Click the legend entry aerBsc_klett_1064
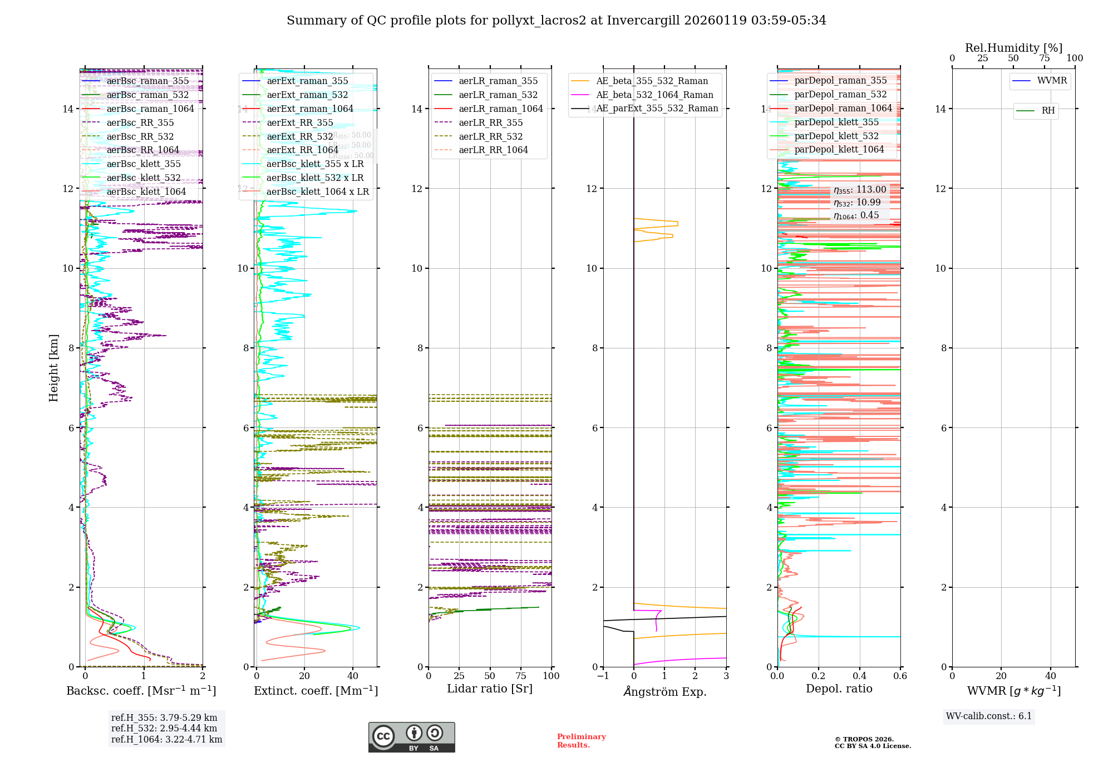pyautogui.click(x=146, y=191)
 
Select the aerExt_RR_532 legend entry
pyautogui.click(x=300, y=136)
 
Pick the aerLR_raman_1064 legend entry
pyautogui.click(x=500, y=109)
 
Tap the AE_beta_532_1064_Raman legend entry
pyautogui.click(x=654, y=95)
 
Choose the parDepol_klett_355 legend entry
pyautogui.click(x=836, y=122)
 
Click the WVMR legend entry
pyautogui.click(x=1052, y=81)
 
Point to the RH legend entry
pyautogui.click(x=1048, y=111)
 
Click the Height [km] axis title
pyautogui.click(x=53, y=367)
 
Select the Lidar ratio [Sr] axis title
pyautogui.click(x=490, y=689)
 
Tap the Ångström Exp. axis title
pyautogui.click(x=664, y=691)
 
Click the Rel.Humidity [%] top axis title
pyautogui.click(x=1013, y=48)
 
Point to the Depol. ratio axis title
pyautogui.click(x=839, y=689)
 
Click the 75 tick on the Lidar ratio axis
pyautogui.click(x=521, y=676)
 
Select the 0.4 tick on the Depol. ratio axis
pyautogui.click(x=859, y=676)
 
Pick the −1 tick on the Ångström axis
pyautogui.click(x=603, y=676)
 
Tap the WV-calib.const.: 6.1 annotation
pyautogui.click(x=988, y=716)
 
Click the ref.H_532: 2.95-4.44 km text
pyautogui.click(x=164, y=728)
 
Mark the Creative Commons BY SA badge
pyautogui.click(x=411, y=737)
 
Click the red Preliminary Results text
pyautogui.click(x=581, y=741)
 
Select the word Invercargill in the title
pyautogui.click(x=643, y=21)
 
